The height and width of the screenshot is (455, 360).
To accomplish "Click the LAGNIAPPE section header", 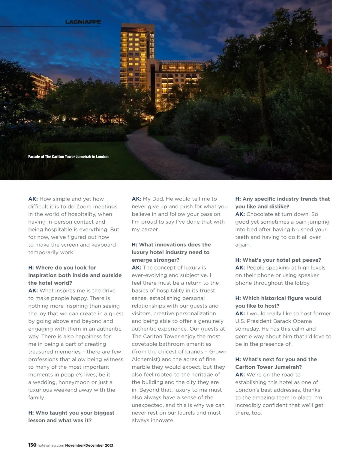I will point(83,22).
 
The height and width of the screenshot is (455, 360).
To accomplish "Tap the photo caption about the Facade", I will point(68,157).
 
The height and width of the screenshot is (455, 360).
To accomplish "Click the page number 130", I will point(32,445).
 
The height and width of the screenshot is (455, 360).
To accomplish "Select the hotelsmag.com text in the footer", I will point(51,445).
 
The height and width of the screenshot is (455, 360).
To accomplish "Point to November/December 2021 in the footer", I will point(89,445).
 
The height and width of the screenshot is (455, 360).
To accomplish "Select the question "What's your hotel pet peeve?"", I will point(278,260).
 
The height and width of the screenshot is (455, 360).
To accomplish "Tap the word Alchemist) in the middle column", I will point(145,359).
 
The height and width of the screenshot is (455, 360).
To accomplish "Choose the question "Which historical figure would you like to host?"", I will point(278,302).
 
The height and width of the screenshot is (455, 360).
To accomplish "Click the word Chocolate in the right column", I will point(260,214).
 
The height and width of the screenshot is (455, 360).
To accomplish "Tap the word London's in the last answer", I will point(248,390).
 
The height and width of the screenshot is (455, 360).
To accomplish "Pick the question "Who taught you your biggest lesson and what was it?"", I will point(71,417).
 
